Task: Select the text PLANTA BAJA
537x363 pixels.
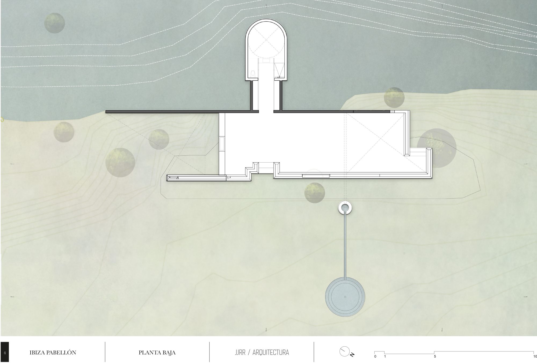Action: [157, 353]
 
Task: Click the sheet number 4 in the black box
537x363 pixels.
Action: [5, 353]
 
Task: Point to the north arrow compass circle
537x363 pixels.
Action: [344, 351]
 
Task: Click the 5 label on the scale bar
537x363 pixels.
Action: [435, 357]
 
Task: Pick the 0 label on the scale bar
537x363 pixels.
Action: [375, 357]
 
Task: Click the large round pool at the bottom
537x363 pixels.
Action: [345, 296]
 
